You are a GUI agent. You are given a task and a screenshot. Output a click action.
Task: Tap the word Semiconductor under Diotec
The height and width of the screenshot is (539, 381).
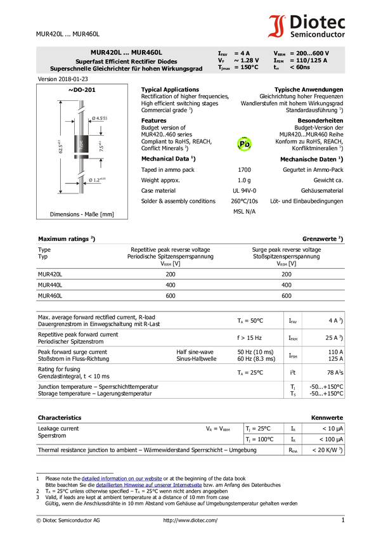[317, 34]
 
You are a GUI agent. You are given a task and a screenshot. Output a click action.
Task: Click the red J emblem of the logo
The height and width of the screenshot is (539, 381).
[276, 27]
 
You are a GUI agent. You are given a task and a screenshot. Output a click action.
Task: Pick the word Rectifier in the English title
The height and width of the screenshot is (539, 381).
[147, 61]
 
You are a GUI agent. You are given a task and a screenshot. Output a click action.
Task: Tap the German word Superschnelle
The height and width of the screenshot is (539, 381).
[71, 68]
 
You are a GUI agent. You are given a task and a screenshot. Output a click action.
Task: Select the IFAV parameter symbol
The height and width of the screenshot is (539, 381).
[222, 53]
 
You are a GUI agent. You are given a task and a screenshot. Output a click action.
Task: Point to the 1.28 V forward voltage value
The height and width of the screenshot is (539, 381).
[249, 60]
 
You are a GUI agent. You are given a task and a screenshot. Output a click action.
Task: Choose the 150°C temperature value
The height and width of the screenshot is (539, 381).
[247, 67]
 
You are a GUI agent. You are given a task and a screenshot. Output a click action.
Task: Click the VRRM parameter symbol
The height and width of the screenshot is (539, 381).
[279, 53]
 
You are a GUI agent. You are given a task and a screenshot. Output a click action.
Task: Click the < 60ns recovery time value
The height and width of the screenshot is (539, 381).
[299, 67]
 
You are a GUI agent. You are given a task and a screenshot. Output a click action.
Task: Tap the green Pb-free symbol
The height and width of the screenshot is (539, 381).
[245, 145]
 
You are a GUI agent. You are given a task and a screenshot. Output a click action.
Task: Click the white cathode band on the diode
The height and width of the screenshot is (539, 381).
[82, 153]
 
